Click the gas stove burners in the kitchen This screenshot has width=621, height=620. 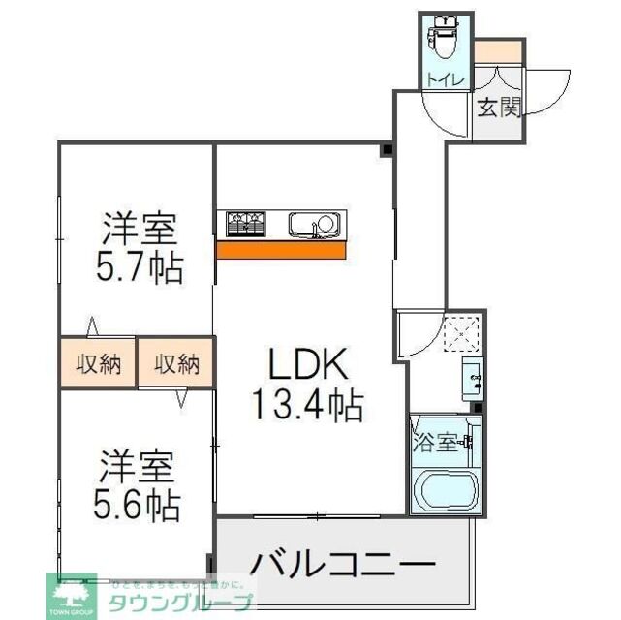[246, 224]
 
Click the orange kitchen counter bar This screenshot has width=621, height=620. [281, 250]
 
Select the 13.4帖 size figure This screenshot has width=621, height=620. [307, 403]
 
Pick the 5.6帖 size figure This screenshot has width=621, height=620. [139, 506]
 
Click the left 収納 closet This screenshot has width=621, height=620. [98, 364]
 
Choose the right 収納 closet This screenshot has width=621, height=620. [176, 364]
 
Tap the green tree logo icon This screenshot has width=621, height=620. [71, 593]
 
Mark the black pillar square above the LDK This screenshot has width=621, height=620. [386, 150]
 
